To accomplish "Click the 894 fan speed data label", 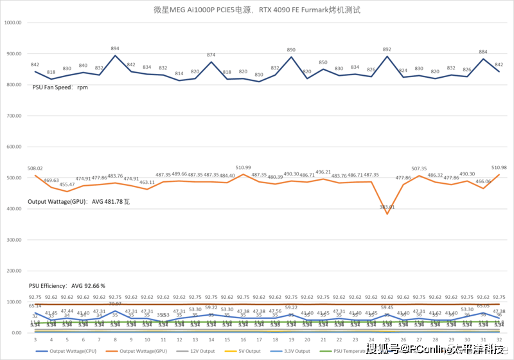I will click(x=115, y=49).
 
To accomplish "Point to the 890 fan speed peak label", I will click(x=291, y=50).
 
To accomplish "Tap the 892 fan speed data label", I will click(x=387, y=50).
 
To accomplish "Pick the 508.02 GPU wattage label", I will click(x=35, y=169).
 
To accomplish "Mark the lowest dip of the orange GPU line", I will click(x=387, y=213).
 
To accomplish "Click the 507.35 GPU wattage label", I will click(x=419, y=168).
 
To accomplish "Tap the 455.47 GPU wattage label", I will click(x=67, y=184).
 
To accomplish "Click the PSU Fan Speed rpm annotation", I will click(x=60, y=87).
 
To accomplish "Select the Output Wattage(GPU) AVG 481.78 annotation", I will click(x=79, y=201).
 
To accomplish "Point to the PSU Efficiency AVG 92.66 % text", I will click(x=67, y=285).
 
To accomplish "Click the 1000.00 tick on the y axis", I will click(x=13, y=22).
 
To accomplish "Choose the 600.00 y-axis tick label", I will click(x=14, y=147).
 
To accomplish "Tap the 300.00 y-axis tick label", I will click(x=14, y=240).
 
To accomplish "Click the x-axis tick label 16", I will click(x=244, y=339).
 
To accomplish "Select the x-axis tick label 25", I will click(x=387, y=339).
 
